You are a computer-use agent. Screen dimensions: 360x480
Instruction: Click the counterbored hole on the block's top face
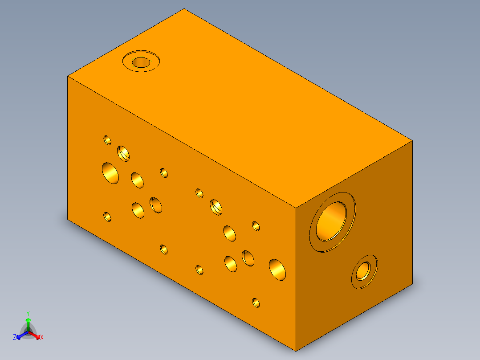141,62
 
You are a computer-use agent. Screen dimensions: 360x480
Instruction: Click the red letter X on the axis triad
42,338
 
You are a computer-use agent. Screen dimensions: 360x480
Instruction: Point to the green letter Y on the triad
28,313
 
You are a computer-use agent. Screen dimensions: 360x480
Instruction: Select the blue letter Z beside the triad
15,338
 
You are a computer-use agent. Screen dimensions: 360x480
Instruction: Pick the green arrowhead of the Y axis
28,320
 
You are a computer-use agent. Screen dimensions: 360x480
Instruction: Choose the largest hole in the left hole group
110,173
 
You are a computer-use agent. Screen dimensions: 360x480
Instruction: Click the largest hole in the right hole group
277,270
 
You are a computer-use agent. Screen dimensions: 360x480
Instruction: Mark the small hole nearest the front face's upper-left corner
107,140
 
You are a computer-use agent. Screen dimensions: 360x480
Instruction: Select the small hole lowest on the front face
256,303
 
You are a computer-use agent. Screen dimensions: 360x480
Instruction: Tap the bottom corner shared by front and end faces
296,349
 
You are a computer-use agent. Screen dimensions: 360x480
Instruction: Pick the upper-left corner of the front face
68,76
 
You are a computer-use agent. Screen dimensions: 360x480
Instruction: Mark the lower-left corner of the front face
68,220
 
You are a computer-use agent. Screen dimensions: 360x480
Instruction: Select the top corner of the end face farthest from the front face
412,141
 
